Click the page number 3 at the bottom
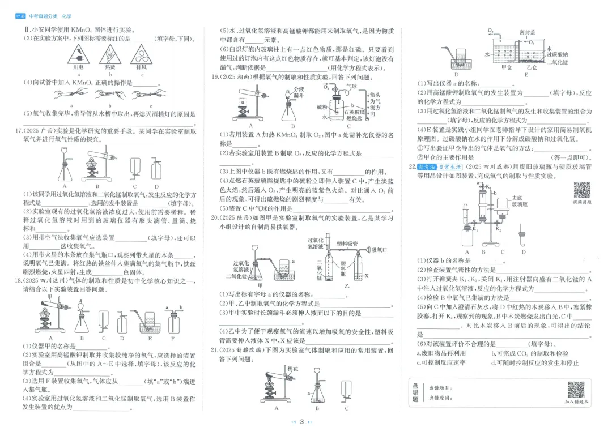pos(302,421)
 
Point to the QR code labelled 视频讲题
pos(582,191)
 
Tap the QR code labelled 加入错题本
pos(576,390)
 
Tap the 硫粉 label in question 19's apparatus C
pos(322,106)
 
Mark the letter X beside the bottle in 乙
pos(367,276)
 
